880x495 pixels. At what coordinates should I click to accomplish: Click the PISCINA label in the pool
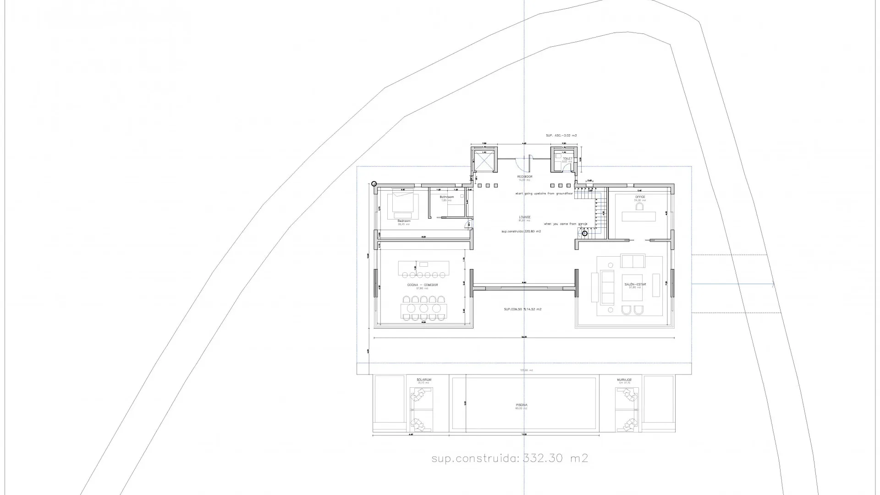(x=522, y=405)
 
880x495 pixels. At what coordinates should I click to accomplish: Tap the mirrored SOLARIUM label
(x=624, y=380)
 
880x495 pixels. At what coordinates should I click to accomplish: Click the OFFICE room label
(x=640, y=197)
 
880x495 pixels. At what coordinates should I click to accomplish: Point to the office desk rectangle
(x=638, y=216)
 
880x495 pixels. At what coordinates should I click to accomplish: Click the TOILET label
(x=567, y=158)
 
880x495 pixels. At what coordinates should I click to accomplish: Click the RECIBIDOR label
(x=525, y=176)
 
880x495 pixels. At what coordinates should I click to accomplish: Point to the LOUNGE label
(x=525, y=217)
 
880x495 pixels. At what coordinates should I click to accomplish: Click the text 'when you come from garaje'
(x=566, y=224)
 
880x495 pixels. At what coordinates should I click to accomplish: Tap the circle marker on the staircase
(x=585, y=233)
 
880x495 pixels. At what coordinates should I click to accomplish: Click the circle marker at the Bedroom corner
(x=374, y=184)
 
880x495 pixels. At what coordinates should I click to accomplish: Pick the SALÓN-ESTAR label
(x=635, y=285)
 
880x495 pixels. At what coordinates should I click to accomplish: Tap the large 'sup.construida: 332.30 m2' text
(x=509, y=458)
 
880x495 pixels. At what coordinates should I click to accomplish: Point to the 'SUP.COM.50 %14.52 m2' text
(x=522, y=309)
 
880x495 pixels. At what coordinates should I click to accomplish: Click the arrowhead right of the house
(x=773, y=285)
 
